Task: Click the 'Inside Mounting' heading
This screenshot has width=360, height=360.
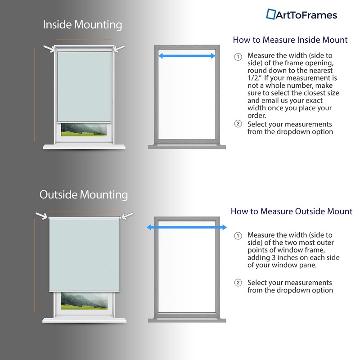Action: (x=82, y=25)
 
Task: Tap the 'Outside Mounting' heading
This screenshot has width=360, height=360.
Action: (x=84, y=195)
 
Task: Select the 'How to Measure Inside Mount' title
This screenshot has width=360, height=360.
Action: (x=290, y=40)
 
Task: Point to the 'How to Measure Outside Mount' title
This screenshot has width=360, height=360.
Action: (x=291, y=211)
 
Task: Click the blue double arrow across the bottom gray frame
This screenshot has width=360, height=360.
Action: (x=187, y=228)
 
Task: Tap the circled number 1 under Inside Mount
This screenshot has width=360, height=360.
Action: (x=238, y=57)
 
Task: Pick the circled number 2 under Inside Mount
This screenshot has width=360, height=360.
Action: (x=238, y=124)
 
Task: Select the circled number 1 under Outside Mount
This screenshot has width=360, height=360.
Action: (x=238, y=236)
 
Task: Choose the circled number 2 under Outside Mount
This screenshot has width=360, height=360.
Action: (x=238, y=283)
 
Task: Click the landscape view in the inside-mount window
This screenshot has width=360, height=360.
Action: (x=84, y=130)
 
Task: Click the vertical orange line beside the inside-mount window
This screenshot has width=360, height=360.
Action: (x=35, y=95)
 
